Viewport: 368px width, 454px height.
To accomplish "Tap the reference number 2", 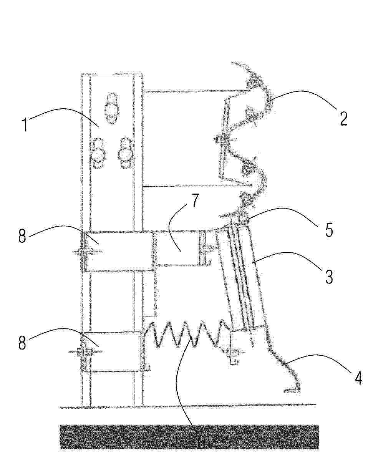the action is click(343, 119).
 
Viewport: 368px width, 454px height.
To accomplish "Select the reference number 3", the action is click(329, 277).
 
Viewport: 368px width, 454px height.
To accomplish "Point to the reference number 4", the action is click(358, 378).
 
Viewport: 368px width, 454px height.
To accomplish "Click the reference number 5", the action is click(328, 230).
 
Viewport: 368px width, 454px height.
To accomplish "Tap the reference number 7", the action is click(196, 200).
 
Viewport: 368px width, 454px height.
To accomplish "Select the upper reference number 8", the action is click(22, 236).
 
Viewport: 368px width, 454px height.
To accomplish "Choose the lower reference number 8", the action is click(22, 343).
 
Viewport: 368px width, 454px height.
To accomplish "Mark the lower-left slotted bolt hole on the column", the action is click(98, 153).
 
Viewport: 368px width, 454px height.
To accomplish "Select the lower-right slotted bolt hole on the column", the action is click(126, 153).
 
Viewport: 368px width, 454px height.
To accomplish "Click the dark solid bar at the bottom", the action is click(189, 437).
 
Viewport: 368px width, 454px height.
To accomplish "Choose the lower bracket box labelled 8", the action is click(113, 351).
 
